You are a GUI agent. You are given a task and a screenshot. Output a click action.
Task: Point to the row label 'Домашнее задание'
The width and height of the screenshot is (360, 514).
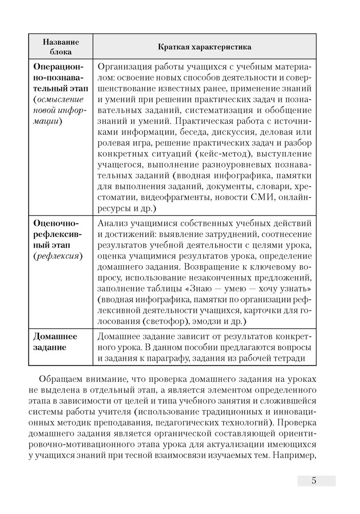click(55, 341)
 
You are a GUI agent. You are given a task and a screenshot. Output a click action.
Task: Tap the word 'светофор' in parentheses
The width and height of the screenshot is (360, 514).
click(184, 321)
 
